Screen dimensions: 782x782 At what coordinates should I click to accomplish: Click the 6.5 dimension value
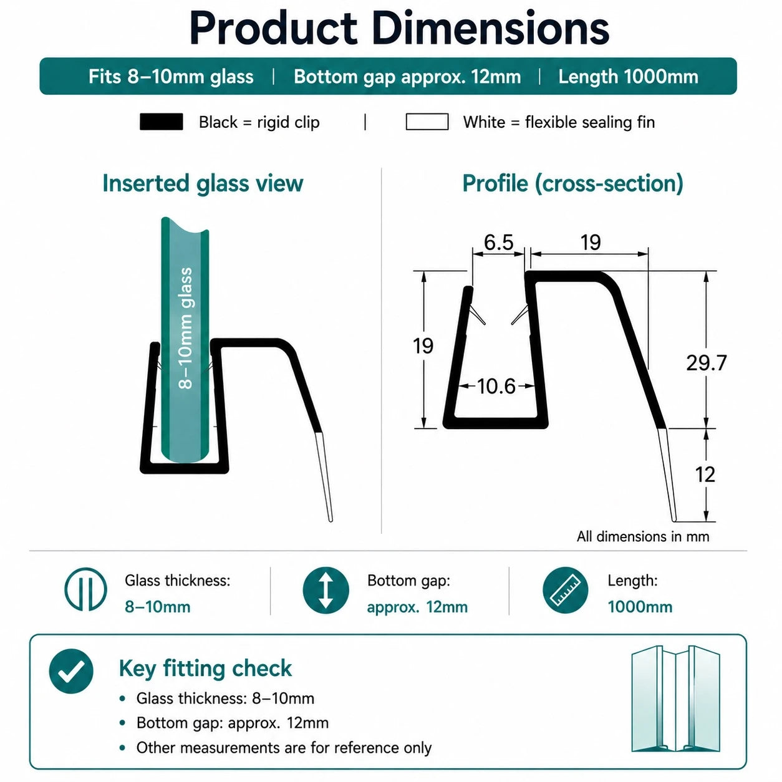(498, 242)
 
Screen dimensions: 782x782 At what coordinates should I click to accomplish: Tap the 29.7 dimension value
(706, 362)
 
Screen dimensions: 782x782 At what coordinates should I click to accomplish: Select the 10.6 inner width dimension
(496, 386)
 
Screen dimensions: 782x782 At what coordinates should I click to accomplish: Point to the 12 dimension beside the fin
(705, 474)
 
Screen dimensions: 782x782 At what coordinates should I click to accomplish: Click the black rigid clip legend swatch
(161, 122)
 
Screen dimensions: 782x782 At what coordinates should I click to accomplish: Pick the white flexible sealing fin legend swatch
(427, 122)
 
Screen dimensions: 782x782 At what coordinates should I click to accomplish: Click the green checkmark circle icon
(71, 671)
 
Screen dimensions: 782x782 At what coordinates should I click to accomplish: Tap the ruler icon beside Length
(565, 590)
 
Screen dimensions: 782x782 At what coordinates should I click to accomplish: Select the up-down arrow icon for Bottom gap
(326, 590)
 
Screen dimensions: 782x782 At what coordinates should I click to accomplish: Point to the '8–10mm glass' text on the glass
(185, 328)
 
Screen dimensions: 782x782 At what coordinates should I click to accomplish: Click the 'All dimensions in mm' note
(643, 536)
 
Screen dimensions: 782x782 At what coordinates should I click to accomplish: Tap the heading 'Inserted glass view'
(203, 183)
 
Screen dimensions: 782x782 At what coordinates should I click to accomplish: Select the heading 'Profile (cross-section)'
(572, 183)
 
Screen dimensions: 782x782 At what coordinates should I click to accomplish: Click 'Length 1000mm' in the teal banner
(628, 77)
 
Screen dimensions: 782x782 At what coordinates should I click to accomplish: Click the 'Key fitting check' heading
(205, 669)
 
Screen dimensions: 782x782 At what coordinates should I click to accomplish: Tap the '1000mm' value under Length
(640, 607)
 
